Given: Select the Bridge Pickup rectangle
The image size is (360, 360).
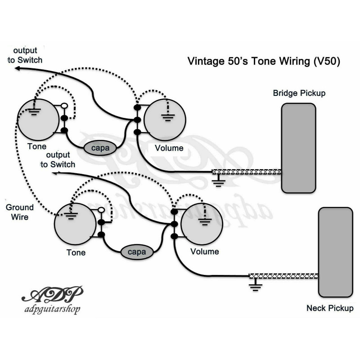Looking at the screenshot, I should point(298,148).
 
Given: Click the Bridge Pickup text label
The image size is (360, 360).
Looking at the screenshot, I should point(299,93).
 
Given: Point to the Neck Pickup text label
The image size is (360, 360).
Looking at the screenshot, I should point(330,308).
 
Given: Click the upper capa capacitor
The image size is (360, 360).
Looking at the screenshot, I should point(99,147).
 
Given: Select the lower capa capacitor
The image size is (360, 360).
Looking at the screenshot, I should point(137,252).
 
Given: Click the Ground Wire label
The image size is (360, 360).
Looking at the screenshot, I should point(19,212).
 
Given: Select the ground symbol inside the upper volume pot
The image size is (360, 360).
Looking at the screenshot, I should point(168,118).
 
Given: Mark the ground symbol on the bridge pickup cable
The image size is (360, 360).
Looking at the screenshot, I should point(219,181).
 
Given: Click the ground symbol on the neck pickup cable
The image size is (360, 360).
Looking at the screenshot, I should point(256,286).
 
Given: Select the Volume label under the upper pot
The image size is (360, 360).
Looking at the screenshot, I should point(169,148).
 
